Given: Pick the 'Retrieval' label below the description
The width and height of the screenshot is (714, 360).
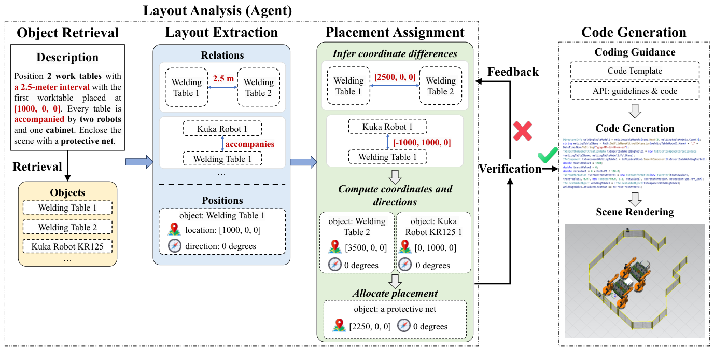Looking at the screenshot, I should (x=37, y=167).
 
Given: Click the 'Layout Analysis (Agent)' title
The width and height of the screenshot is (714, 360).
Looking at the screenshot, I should (x=217, y=10).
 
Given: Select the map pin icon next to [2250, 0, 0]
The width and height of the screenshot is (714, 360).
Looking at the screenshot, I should (x=340, y=326).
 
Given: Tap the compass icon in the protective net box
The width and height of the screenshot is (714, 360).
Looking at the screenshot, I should (x=404, y=326).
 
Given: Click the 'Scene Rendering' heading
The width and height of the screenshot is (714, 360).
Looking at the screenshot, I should (x=635, y=212).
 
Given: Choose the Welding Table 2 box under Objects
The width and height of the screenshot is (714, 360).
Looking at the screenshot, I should (x=67, y=227).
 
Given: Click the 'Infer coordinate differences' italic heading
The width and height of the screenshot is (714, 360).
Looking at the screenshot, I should (x=395, y=53).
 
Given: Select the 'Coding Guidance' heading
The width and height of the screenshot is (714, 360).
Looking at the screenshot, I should (x=635, y=52).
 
